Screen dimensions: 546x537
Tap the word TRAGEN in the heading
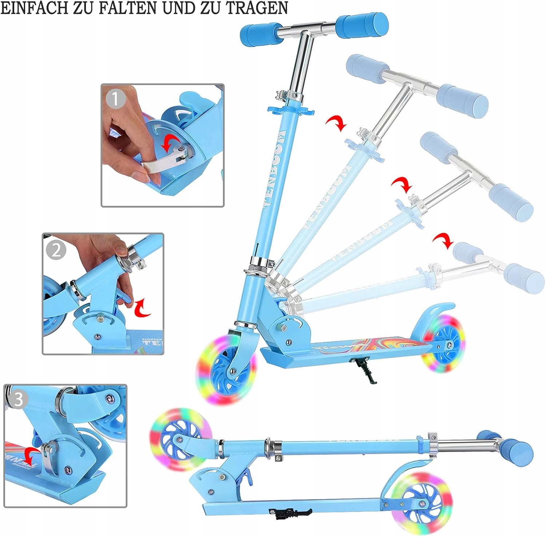tap(257, 8)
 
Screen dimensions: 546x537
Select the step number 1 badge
tap(115, 99)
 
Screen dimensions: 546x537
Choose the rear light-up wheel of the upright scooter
tap(443, 344)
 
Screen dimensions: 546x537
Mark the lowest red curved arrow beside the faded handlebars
tap(443, 240)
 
